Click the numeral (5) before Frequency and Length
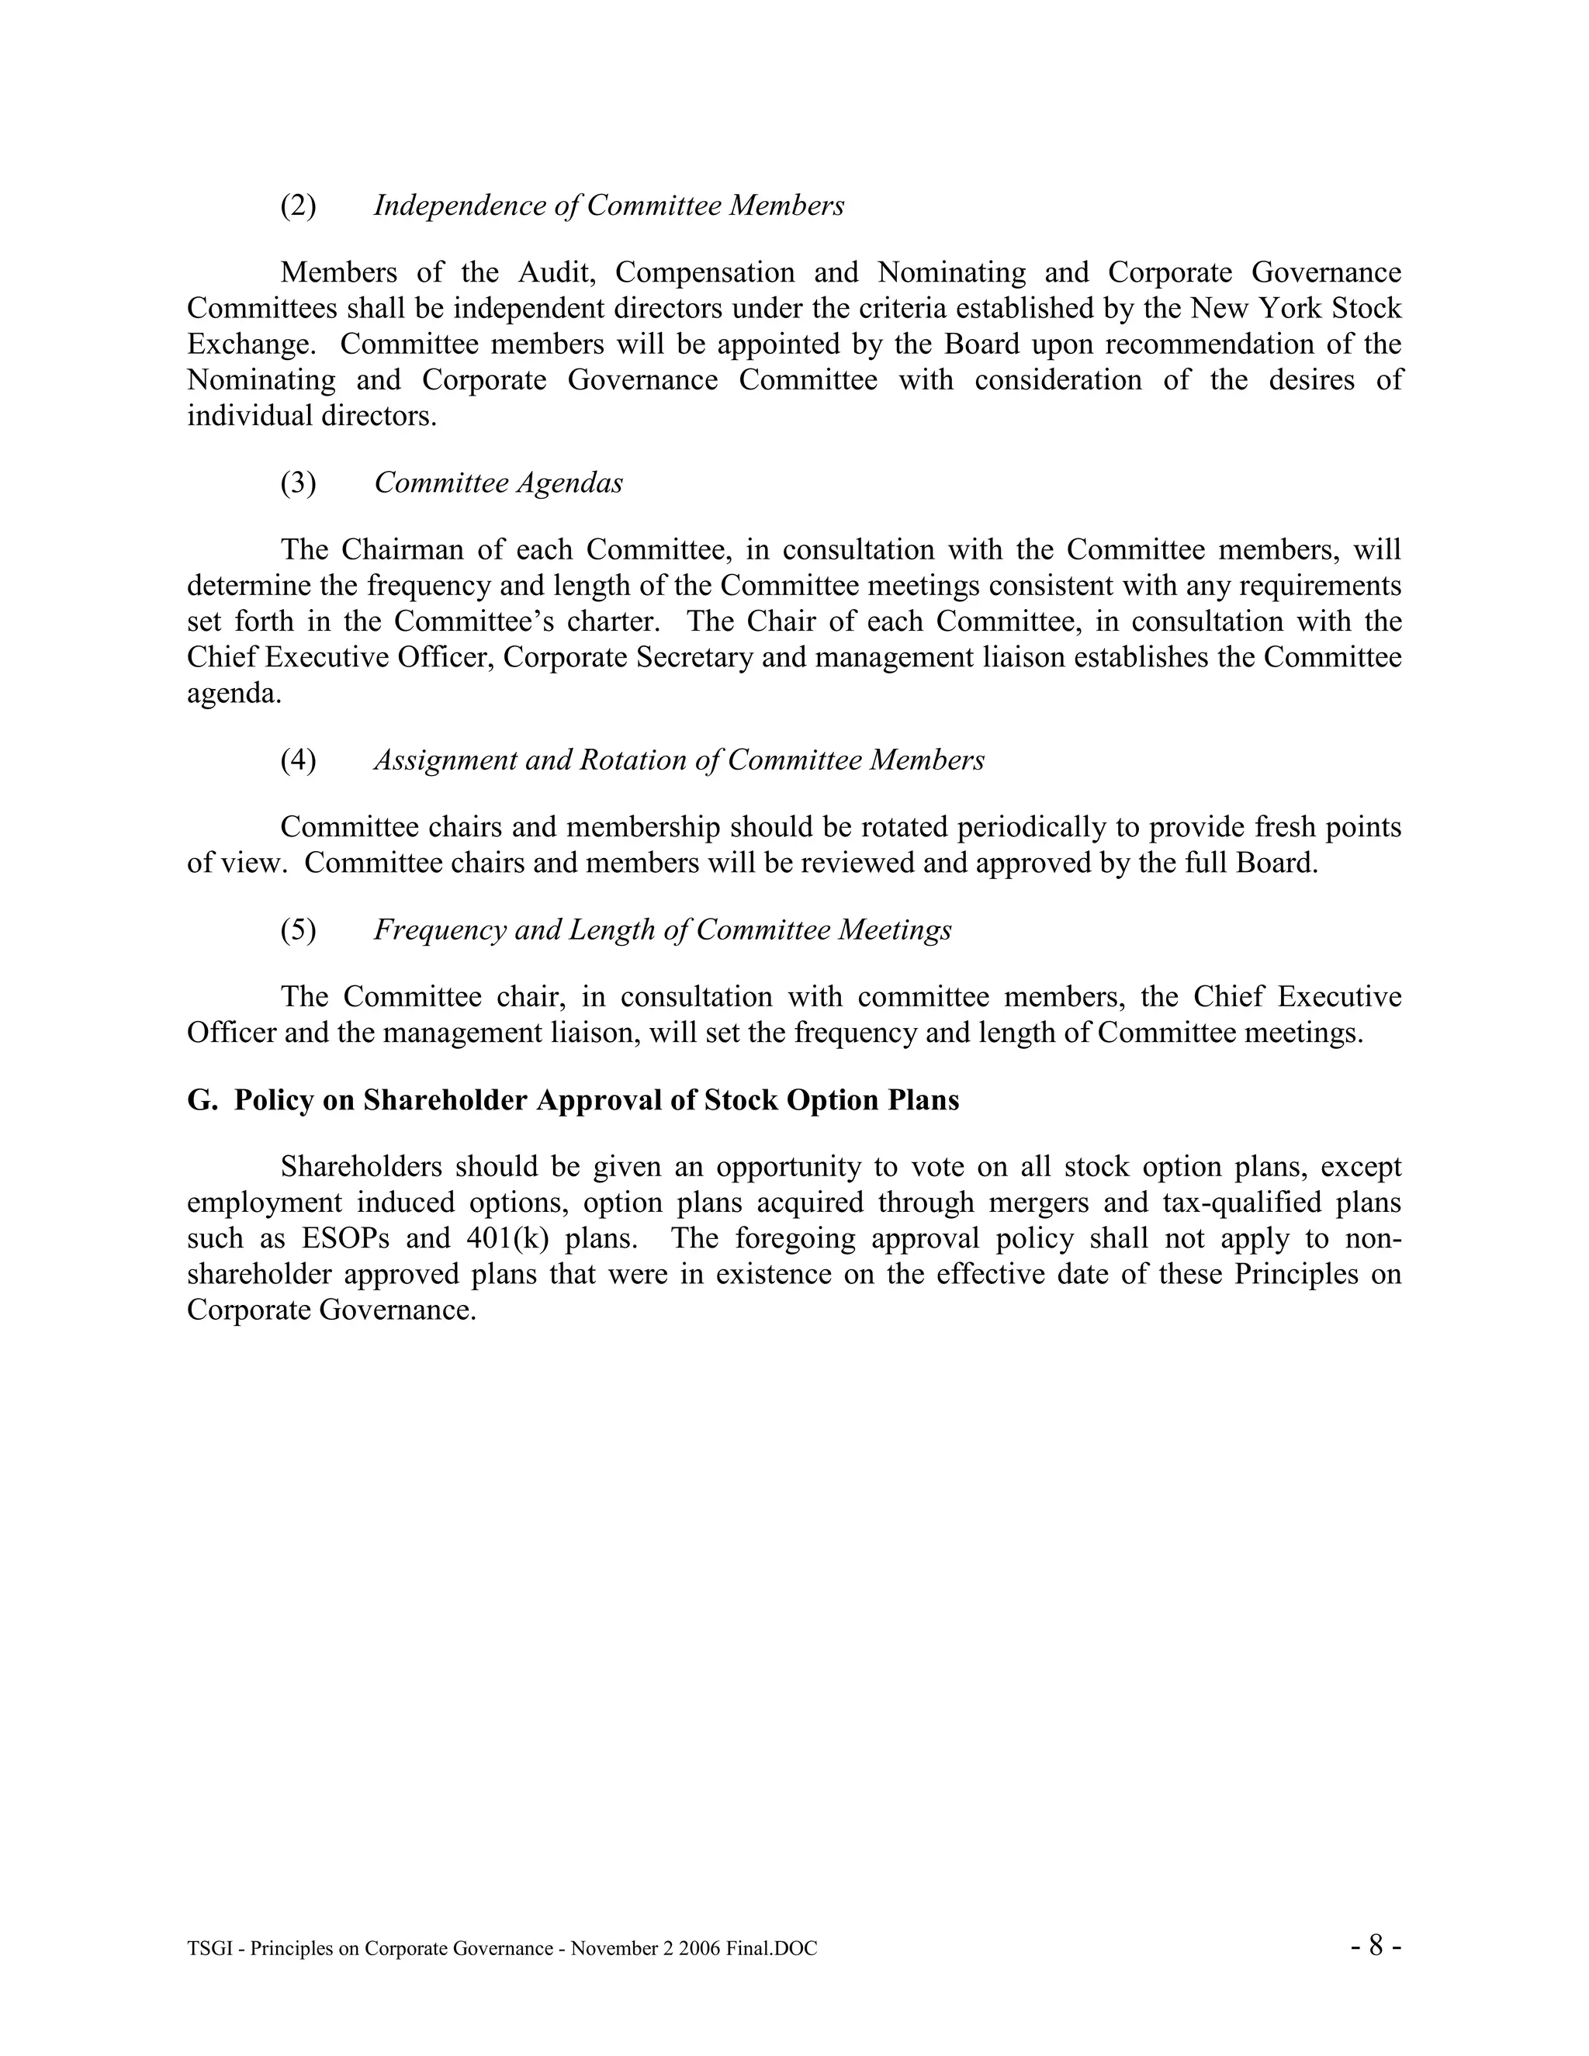[299, 930]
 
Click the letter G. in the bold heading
[202, 1100]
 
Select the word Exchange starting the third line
[248, 344]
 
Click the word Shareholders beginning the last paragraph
[362, 1168]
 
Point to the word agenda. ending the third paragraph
[234, 694]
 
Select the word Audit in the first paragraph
[556, 273]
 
